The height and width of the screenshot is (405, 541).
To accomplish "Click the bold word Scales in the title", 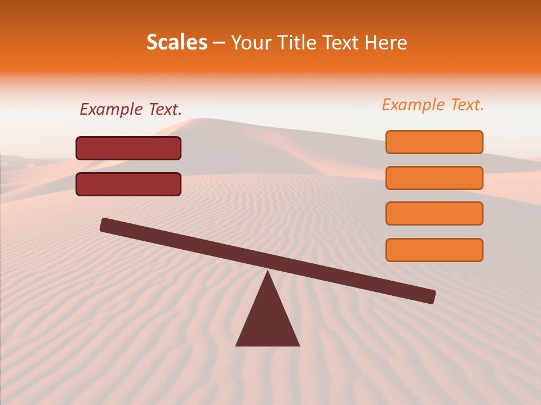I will click(176, 43).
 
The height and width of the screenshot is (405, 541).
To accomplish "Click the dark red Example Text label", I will click(131, 110).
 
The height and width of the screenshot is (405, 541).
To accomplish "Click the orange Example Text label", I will click(433, 105).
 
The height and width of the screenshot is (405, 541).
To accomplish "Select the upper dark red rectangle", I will click(128, 148).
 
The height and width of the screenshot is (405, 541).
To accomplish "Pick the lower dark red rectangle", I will click(128, 184).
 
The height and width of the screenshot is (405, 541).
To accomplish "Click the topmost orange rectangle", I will click(434, 142).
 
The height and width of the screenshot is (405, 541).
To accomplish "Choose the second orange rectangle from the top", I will click(434, 178).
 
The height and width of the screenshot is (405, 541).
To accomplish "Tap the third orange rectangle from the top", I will click(434, 214).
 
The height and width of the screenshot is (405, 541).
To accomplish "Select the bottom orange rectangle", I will click(434, 250).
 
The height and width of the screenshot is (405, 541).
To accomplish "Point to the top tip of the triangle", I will click(268, 272).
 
